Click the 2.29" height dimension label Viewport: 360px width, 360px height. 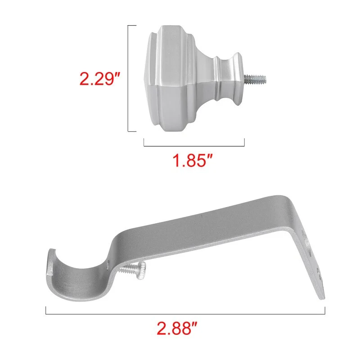(100, 79)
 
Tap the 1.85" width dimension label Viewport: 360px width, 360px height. (193, 160)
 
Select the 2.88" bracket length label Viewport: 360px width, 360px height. (177, 328)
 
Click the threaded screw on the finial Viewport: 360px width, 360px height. (255, 78)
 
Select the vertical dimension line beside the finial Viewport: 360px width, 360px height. (128, 78)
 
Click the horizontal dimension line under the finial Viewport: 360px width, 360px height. (194, 146)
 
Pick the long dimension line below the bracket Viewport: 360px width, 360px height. (185, 314)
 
